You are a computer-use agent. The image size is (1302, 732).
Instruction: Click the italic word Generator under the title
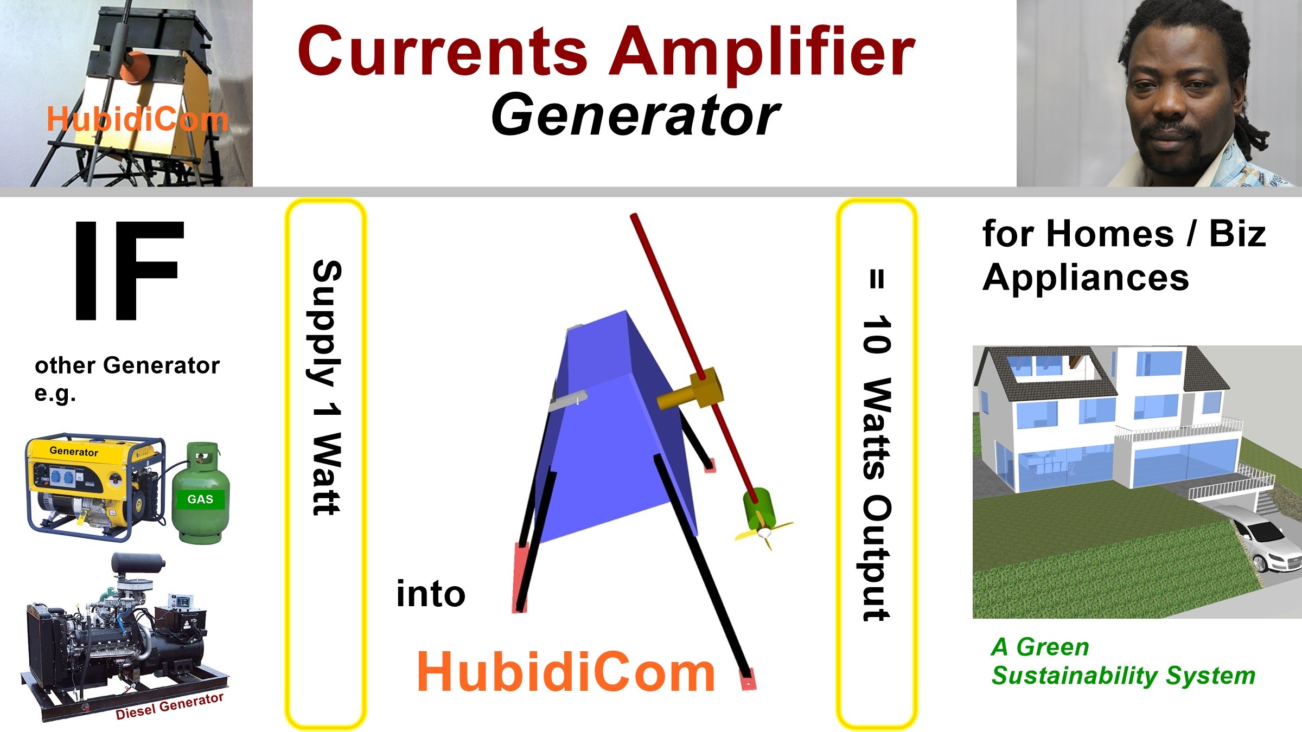[x=635, y=114]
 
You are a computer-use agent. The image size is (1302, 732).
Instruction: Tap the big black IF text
[x=129, y=270]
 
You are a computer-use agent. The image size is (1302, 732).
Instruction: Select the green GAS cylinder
[x=200, y=493]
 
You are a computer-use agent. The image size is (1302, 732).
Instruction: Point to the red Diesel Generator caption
[x=169, y=706]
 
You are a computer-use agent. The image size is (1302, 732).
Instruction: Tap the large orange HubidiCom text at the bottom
[x=566, y=672]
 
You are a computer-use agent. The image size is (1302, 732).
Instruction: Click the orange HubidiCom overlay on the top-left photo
[x=137, y=119]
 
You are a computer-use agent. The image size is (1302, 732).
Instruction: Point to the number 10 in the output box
[x=876, y=335]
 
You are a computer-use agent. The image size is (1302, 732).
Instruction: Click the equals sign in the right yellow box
[x=877, y=279]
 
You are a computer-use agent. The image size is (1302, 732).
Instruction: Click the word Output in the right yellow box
[x=876, y=558]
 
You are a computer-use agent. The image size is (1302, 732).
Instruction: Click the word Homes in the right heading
[x=1110, y=234]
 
